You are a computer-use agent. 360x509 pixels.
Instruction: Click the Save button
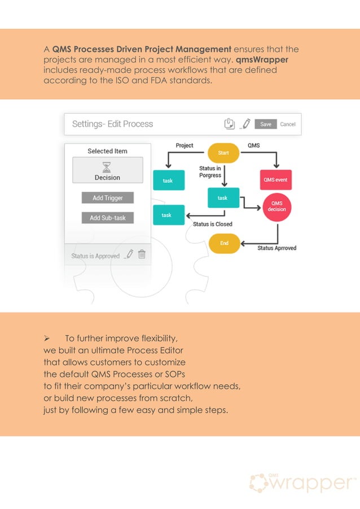[x=266, y=124]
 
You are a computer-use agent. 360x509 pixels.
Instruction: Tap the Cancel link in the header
[x=288, y=124]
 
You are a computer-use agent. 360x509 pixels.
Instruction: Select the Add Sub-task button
[x=107, y=218]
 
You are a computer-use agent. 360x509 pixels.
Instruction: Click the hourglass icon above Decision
[x=107, y=166]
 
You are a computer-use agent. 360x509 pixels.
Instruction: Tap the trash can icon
[x=142, y=254]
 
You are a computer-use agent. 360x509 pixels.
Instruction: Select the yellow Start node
[x=223, y=152]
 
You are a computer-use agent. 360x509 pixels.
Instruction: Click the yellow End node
[x=224, y=243]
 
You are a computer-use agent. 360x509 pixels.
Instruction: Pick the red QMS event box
[x=276, y=180]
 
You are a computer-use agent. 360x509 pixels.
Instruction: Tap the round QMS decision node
[x=277, y=206]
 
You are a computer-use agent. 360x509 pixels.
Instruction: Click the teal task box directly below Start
[x=223, y=198]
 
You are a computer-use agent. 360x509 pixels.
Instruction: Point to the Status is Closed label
[x=213, y=224]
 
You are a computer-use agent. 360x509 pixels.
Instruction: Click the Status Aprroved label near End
[x=277, y=248]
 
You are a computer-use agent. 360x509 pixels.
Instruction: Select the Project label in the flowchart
[x=185, y=146]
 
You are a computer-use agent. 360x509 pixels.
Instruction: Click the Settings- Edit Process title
[x=113, y=124]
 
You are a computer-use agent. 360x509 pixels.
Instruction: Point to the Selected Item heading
[x=107, y=151]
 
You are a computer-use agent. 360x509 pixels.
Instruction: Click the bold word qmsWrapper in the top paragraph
[x=262, y=60]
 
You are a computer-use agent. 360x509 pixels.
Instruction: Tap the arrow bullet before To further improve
[x=48, y=339]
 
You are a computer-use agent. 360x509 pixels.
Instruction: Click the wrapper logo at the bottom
[x=302, y=483]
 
